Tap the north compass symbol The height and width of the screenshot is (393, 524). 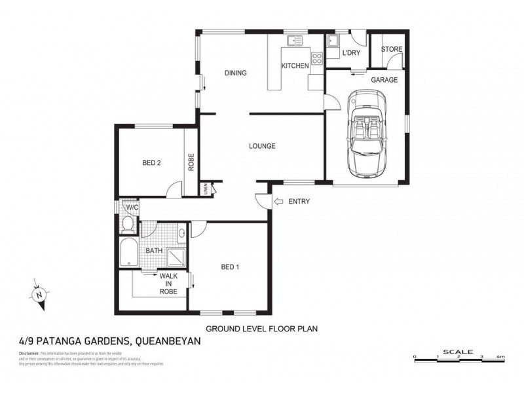click(40, 294)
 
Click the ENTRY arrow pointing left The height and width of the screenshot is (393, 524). click(278, 201)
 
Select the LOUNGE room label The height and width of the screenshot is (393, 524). click(261, 146)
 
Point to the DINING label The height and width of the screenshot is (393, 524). click(235, 73)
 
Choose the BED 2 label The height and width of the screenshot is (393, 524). click(152, 163)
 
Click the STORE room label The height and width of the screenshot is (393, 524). click(392, 49)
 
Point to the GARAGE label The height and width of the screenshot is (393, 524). click(384, 79)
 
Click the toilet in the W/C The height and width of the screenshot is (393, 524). click(128, 224)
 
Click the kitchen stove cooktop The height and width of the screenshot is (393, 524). click(316, 59)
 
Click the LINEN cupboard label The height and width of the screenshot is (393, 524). click(206, 189)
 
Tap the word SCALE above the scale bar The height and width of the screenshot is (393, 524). click(458, 351)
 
